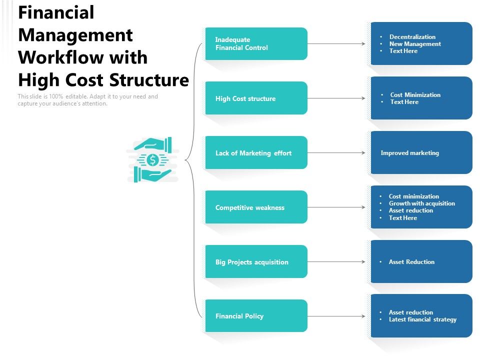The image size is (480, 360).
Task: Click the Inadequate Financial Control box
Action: click(x=256, y=44)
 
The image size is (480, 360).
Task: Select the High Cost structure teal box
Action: click(x=256, y=98)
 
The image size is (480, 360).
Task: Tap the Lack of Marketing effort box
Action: click(x=256, y=153)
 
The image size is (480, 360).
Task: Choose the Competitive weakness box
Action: click(x=256, y=207)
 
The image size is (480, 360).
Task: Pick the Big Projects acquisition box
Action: click(x=256, y=262)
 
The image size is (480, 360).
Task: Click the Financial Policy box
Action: click(x=256, y=316)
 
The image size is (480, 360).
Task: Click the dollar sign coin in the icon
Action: click(x=153, y=160)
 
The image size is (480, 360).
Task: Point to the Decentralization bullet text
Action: click(x=412, y=37)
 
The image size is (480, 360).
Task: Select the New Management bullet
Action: click(x=415, y=44)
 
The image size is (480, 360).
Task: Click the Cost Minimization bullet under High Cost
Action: click(x=415, y=95)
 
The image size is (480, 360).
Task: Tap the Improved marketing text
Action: click(x=409, y=153)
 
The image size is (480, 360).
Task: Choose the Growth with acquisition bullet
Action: click(x=421, y=203)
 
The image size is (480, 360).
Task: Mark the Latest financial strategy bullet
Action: click(x=422, y=319)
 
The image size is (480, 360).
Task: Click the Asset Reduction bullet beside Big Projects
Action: click(x=411, y=262)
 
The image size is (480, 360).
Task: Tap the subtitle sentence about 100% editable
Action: click(x=87, y=100)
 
